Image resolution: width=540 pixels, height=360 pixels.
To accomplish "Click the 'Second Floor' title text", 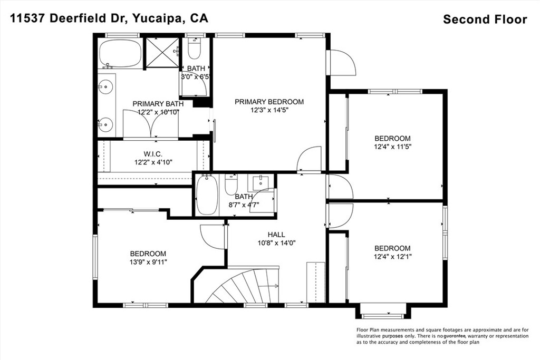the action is (x=485, y=19).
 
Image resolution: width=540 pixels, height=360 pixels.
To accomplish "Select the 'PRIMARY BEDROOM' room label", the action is (x=269, y=102).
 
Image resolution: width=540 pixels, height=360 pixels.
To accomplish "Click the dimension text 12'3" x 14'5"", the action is (x=269, y=110).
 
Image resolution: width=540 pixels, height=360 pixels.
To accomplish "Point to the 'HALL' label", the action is (x=276, y=235).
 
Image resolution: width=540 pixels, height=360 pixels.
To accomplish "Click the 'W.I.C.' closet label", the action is (x=153, y=154).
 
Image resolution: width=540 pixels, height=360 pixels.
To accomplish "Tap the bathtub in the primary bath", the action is (x=120, y=54).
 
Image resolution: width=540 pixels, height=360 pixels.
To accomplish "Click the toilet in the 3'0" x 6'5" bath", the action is (x=195, y=49).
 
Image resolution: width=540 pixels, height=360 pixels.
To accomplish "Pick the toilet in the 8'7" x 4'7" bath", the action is (x=230, y=185).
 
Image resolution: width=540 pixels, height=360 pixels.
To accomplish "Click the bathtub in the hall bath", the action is (x=207, y=195).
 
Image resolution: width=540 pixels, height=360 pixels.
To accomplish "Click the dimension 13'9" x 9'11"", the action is (x=148, y=262).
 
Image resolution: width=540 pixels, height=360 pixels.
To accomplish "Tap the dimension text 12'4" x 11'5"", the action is (x=392, y=147).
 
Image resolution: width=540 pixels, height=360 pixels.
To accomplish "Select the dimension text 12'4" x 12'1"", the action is (x=392, y=256).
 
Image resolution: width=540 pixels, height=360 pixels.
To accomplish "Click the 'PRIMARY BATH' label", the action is (x=158, y=104).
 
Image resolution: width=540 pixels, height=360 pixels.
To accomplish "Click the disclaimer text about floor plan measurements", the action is (x=442, y=336).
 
